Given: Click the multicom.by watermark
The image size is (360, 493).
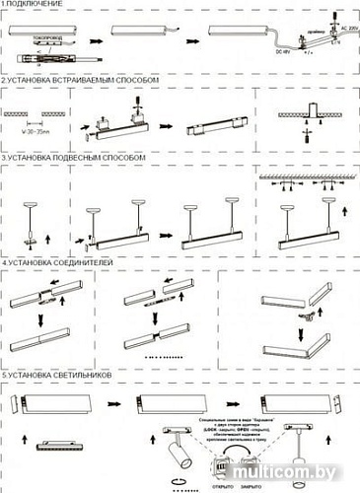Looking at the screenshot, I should point(322,477).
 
